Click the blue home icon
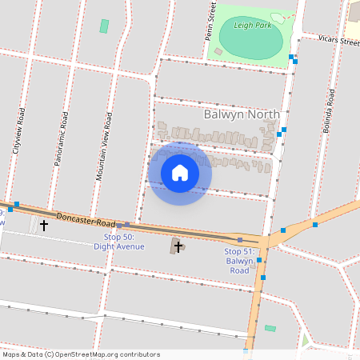pyautogui.click(x=180, y=173)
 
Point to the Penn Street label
pyautogui.click(x=211, y=20)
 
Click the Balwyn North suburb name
pyautogui.click(x=242, y=114)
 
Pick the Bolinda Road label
pyautogui.click(x=329, y=111)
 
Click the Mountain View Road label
pyautogui.click(x=103, y=146)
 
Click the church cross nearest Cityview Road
pyautogui.click(x=43, y=226)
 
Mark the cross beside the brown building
pyautogui.click(x=178, y=246)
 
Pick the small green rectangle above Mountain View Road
pyautogui.click(x=104, y=26)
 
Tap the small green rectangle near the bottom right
pyautogui.click(x=270, y=328)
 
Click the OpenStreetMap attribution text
pyautogui.click(x=81, y=354)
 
